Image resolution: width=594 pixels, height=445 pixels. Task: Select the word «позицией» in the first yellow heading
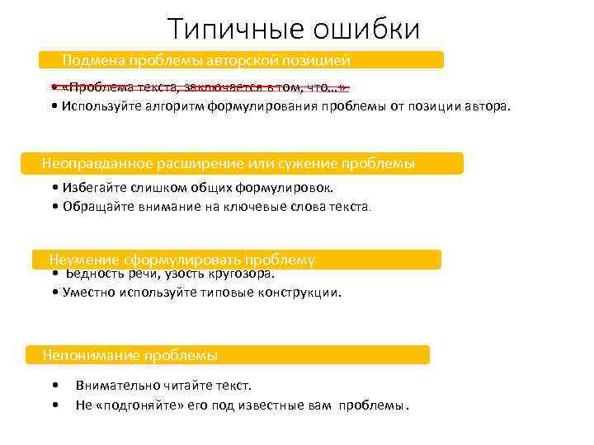pos(316,60)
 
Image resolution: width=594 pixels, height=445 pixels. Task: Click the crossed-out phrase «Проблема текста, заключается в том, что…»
pos(203,87)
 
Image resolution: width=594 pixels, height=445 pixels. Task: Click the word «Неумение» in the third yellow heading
pos(82,260)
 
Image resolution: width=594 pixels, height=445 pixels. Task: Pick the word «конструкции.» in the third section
pos(302,293)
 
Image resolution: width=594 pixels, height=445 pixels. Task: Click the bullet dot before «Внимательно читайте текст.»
pos(54,386)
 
